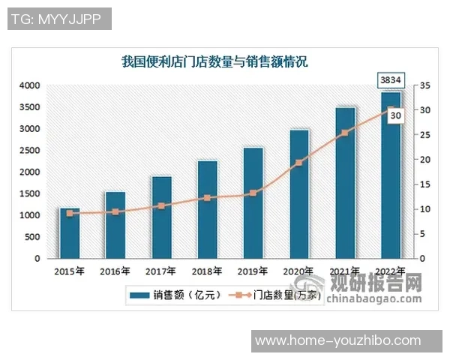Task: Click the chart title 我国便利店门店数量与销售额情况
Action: coord(214,62)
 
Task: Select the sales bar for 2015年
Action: coord(70,233)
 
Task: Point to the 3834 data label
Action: coord(391,79)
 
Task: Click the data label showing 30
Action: coord(396,115)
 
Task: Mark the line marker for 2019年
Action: coord(253,193)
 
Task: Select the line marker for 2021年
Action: coord(344,133)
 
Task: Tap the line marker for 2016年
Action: coord(115,211)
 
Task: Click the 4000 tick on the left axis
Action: coord(30,85)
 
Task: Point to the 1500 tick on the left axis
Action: coord(30,193)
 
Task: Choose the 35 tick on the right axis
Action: coord(425,85)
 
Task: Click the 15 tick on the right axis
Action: coord(425,184)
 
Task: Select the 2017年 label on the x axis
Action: coord(161,271)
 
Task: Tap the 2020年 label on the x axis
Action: coord(298,271)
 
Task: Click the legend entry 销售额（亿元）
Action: coord(175,295)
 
